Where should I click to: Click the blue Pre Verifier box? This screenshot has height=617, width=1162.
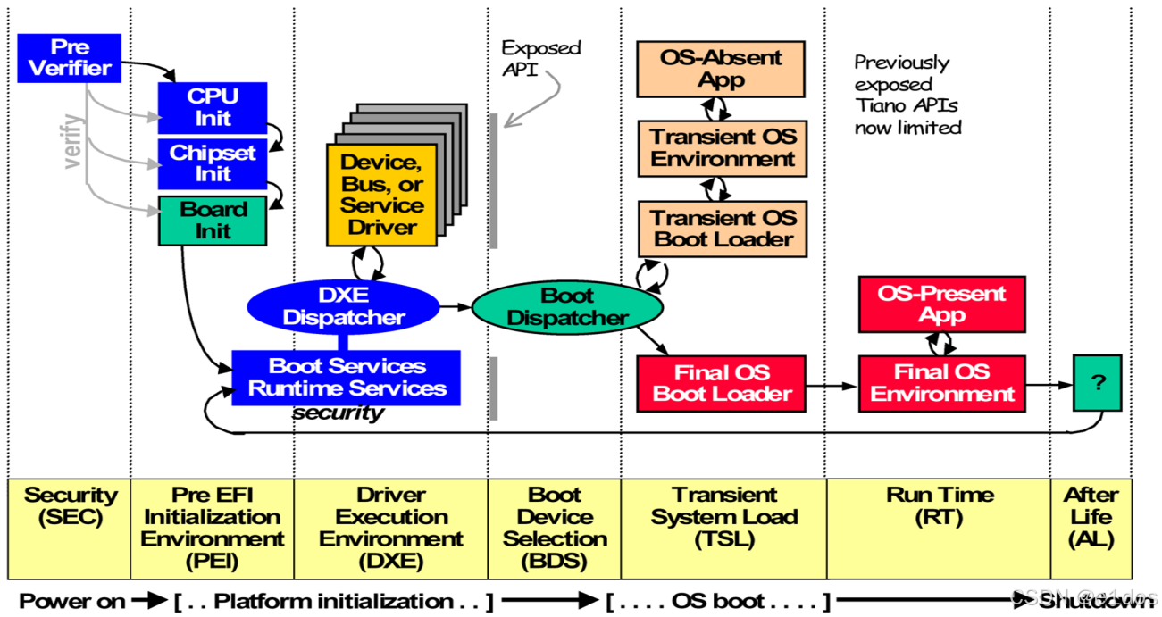click(69, 58)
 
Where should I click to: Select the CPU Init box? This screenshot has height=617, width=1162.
click(213, 107)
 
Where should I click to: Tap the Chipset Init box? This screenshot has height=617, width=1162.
click(213, 163)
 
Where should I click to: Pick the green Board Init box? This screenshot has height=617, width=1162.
click(213, 221)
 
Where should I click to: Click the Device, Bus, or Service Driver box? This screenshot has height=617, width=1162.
click(381, 196)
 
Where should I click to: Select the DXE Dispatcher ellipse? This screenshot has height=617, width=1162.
click(344, 306)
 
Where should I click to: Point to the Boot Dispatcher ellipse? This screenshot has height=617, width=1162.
click(567, 307)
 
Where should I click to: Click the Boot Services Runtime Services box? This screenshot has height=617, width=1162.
click(346, 378)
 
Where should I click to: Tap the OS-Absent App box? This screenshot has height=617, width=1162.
click(720, 69)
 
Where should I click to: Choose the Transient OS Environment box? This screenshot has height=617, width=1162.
click(722, 148)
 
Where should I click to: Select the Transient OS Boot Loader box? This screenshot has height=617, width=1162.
click(722, 229)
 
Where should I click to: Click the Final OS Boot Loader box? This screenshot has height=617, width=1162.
click(721, 383)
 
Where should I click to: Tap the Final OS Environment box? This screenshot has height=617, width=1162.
click(941, 383)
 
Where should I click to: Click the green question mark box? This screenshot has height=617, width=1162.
click(1097, 382)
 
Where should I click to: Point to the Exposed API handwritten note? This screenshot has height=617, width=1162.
click(539, 58)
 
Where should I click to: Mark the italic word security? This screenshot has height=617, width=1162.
click(338, 413)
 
